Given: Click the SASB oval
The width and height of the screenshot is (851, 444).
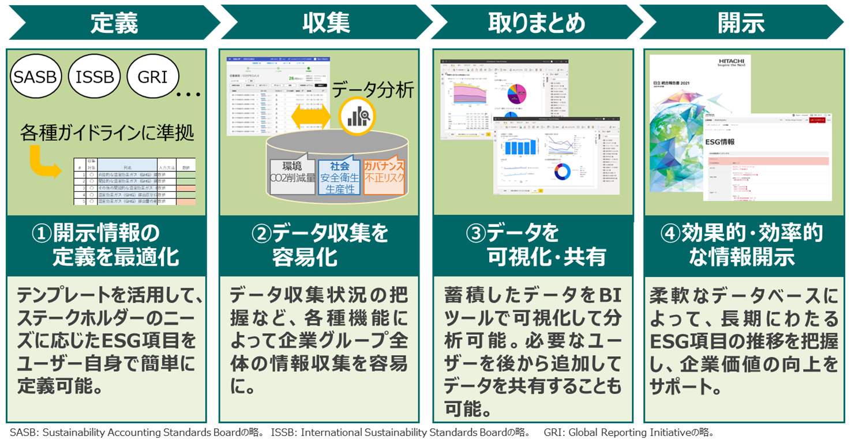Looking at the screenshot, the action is click(x=35, y=76).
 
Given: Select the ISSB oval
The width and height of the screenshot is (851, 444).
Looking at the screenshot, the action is click(x=94, y=76).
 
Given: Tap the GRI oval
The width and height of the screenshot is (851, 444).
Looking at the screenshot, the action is click(x=152, y=76).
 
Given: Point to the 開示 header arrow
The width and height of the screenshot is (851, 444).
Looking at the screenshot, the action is click(x=741, y=23).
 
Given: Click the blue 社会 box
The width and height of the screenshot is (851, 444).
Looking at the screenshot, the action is click(x=339, y=176).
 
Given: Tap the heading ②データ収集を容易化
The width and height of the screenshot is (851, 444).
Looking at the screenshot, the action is click(x=319, y=245).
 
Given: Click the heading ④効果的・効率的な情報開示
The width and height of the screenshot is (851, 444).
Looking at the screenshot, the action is click(x=741, y=245).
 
